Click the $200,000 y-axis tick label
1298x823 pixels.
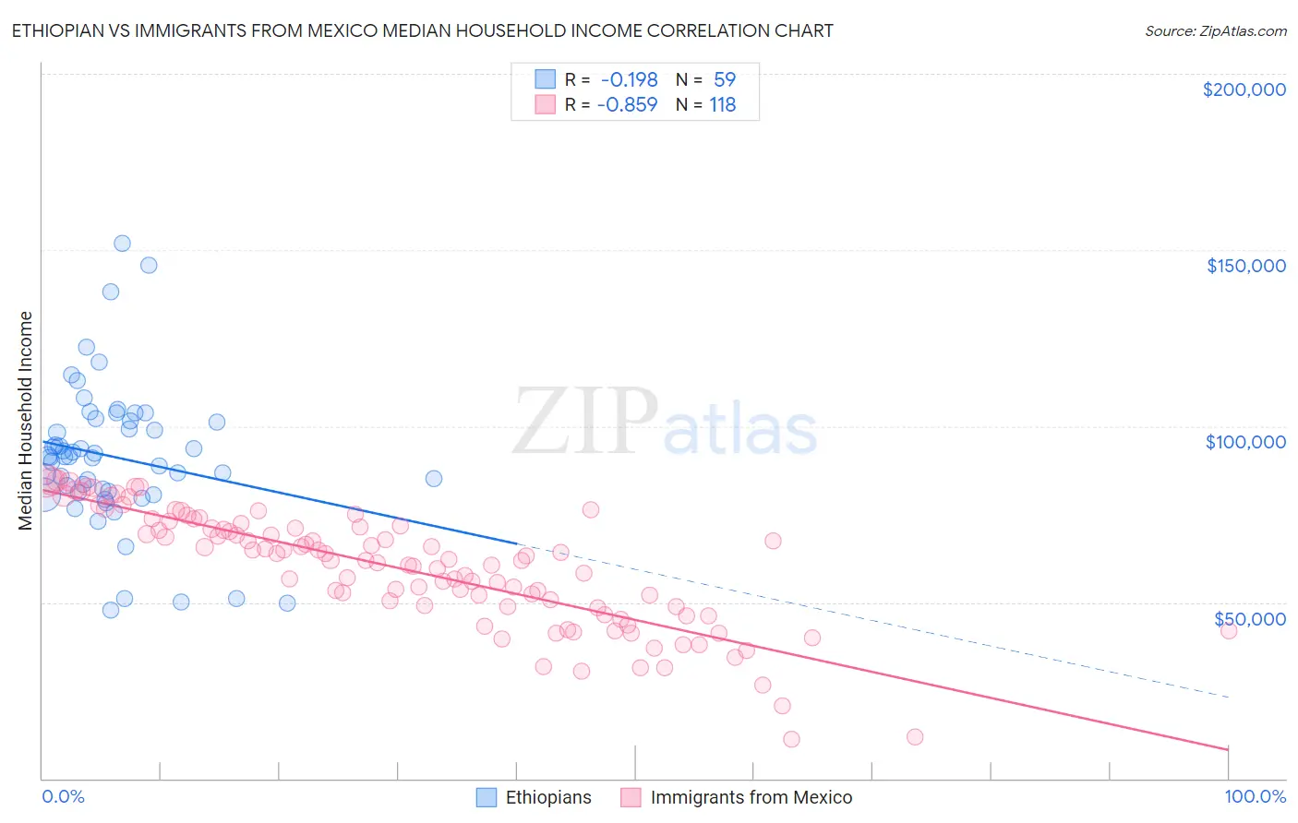click(x=1244, y=89)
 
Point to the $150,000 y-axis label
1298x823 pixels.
click(x=1245, y=266)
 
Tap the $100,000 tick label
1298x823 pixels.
click(x=1245, y=442)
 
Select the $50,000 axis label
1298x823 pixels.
click(x=1249, y=618)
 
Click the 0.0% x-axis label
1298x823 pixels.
click(x=63, y=796)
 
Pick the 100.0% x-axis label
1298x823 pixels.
click(x=1255, y=796)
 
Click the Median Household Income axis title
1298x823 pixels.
click(x=25, y=421)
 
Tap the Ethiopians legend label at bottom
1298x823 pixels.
click(x=548, y=797)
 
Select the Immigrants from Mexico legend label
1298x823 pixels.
click(x=751, y=797)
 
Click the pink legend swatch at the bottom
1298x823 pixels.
click(x=631, y=797)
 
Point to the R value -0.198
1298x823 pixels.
click(x=628, y=80)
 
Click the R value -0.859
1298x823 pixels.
click(x=627, y=105)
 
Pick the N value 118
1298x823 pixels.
click(x=722, y=105)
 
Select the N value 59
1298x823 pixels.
click(x=724, y=80)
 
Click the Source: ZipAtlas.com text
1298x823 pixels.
click(x=1215, y=30)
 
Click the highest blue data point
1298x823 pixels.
click(x=122, y=244)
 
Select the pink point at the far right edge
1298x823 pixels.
click(x=1228, y=631)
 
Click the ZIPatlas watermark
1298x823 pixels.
click(x=665, y=423)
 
